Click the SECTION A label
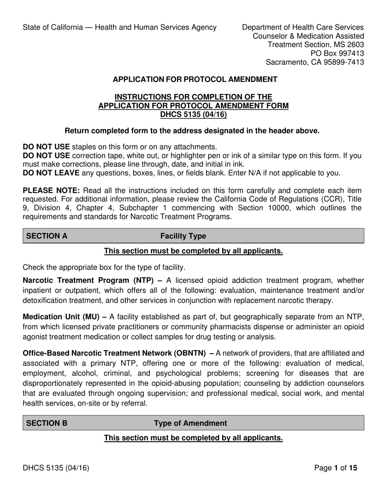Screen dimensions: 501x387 [x=47, y=236]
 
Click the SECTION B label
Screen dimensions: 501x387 [x=47, y=423]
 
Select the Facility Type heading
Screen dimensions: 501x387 [x=183, y=236]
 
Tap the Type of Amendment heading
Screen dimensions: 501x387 [x=190, y=423]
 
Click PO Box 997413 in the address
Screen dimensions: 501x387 [x=337, y=53]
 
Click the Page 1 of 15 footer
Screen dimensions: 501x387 [x=336, y=468]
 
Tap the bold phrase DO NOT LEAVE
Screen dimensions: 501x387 [x=51, y=173]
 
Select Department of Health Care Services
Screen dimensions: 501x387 [x=303, y=27]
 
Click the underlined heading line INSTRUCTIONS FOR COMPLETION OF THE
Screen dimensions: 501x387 [x=193, y=97]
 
